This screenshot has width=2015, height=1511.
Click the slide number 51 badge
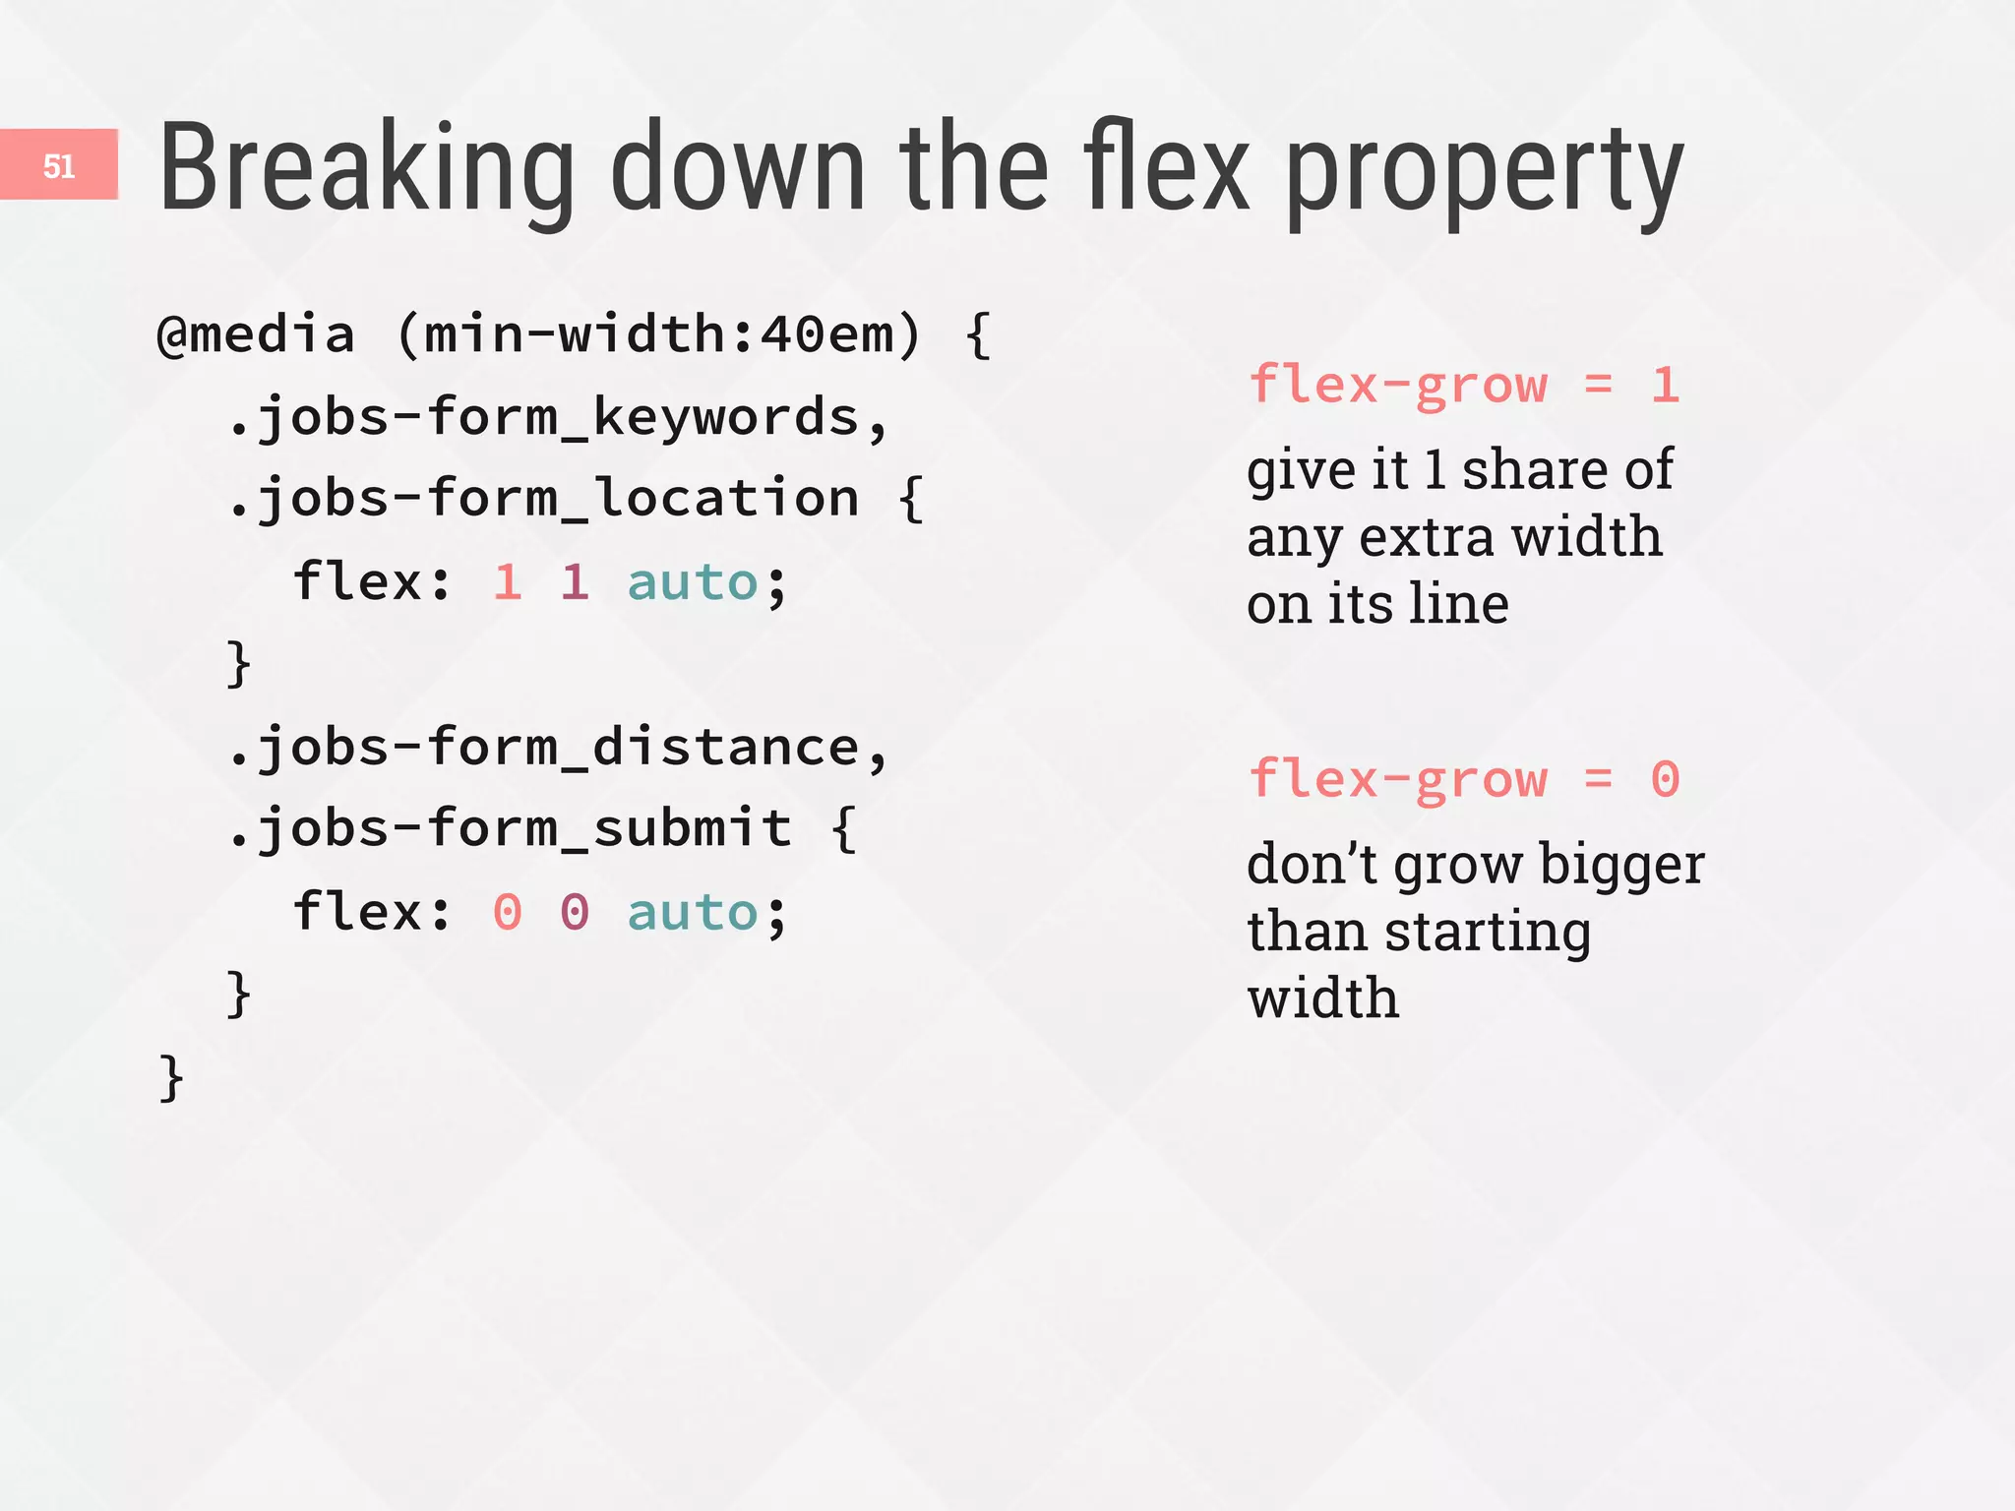(59, 165)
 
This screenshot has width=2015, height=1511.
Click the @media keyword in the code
(256, 334)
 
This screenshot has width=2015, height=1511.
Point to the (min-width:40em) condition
(659, 334)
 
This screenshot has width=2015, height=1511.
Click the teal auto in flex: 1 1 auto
(693, 582)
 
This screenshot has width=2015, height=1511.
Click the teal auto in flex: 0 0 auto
(693, 912)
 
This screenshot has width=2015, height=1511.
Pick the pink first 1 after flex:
(508, 582)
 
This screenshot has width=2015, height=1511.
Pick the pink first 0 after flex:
(508, 912)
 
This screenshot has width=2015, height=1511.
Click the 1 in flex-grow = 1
(1665, 385)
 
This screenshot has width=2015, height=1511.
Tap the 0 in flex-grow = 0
(1665, 780)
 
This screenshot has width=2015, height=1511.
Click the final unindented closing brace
(171, 1078)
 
